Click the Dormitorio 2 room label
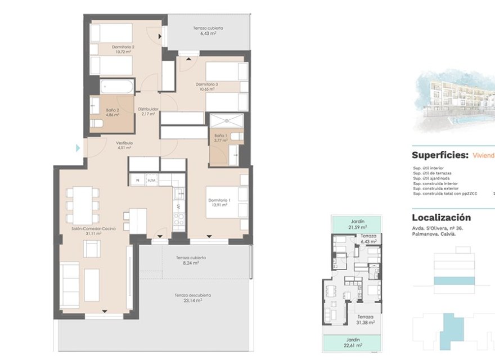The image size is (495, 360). click(x=123, y=47)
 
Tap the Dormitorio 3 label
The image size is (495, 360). click(x=206, y=84)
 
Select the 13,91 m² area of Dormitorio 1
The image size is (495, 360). click(x=219, y=205)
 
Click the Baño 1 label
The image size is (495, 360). click(x=220, y=136)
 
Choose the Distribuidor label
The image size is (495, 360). click(x=148, y=109)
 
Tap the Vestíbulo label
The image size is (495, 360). click(x=124, y=143)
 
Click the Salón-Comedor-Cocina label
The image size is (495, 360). click(x=93, y=229)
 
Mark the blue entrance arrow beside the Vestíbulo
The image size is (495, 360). click(x=78, y=148)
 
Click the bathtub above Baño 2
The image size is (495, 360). click(x=117, y=87)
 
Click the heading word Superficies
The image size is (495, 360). click(x=439, y=155)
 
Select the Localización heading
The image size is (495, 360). click(x=441, y=218)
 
